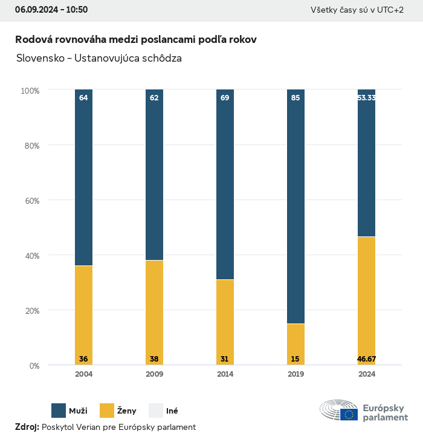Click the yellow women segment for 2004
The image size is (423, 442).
(83, 314)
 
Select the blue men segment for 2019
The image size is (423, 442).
(295, 206)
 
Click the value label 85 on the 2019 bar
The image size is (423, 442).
(295, 97)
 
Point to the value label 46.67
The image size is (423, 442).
(366, 359)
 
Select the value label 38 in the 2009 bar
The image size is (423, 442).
(154, 359)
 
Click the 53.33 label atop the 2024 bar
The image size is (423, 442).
(366, 97)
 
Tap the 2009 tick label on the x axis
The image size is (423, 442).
(154, 374)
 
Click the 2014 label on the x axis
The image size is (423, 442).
(225, 374)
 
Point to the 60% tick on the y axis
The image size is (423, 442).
(30, 201)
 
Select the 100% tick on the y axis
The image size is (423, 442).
(30, 91)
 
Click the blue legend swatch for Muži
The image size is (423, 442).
(59, 411)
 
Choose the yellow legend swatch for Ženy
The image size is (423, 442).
(107, 411)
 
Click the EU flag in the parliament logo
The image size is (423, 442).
(349, 414)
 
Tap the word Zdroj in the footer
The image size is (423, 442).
(27, 427)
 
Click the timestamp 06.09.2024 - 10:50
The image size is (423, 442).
(51, 10)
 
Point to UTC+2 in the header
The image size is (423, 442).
(390, 10)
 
